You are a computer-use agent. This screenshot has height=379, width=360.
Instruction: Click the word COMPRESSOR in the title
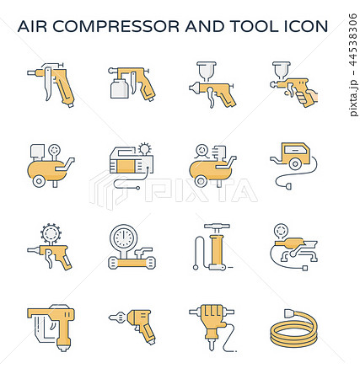pos(116,26)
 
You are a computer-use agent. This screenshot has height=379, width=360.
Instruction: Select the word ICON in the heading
pos(306,26)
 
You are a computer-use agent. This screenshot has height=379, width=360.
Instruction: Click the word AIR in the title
pos(32,26)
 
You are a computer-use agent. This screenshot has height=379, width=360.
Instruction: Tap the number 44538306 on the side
pos(353,40)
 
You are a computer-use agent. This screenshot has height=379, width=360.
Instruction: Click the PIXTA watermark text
pos(201,191)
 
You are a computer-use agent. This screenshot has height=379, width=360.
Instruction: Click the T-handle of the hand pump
pos(217,226)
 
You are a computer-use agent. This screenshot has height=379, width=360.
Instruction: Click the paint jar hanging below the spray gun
pos(120,88)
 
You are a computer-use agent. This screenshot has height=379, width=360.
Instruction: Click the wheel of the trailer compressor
pos(295,164)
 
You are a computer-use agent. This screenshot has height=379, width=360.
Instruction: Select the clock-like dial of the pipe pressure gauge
pos(123,238)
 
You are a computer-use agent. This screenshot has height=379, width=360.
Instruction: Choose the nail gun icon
pos(51,327)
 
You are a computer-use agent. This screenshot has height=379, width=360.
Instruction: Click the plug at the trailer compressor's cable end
pos(288,186)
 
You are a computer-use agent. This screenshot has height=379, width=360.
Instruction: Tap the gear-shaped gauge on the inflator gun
pos(51,232)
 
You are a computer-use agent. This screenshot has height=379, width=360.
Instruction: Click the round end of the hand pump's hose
pos(196,267)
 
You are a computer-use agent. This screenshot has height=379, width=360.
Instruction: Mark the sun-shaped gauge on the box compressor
pos(145,148)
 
